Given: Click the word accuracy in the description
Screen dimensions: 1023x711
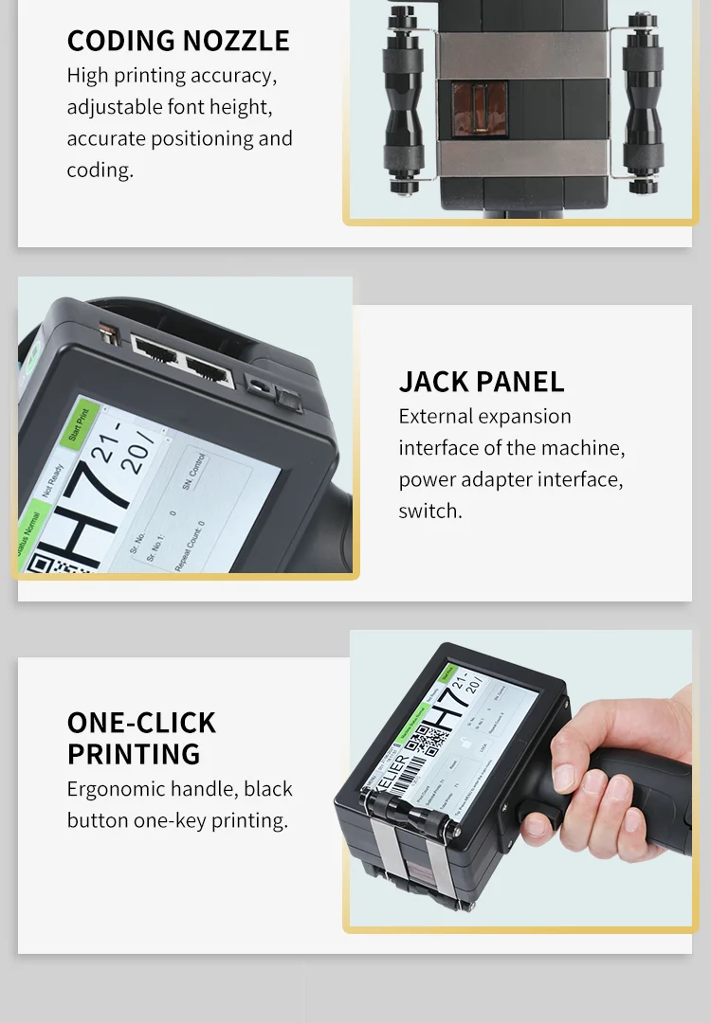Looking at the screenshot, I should pyautogui.click(x=236, y=76).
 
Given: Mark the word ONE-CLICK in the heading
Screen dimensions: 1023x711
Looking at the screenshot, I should pyautogui.click(x=141, y=723).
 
